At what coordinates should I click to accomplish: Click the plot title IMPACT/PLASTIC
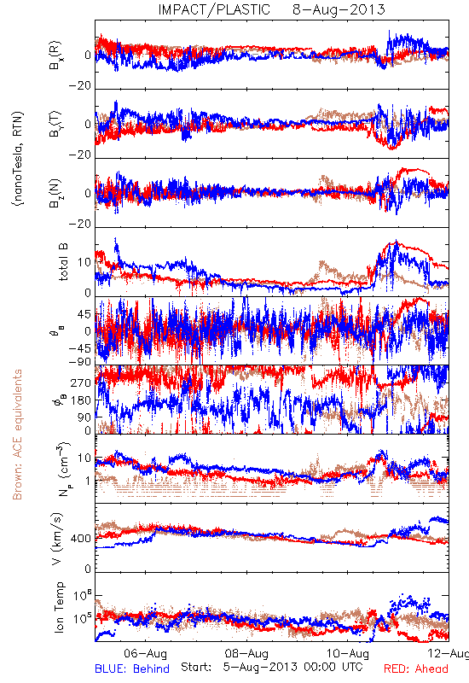214,9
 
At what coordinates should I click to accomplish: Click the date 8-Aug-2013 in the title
339,9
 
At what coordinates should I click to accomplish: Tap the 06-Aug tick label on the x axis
145,653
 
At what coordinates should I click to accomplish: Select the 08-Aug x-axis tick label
246,653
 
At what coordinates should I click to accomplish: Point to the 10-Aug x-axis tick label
348,653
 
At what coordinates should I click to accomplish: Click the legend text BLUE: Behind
132,668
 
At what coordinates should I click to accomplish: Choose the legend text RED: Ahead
416,668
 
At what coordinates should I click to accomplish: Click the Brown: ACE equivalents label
17,435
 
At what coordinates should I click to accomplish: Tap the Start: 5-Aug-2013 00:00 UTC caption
271,667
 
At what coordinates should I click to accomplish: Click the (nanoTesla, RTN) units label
18,158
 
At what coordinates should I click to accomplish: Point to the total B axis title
63,262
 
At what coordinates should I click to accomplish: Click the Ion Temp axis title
59,607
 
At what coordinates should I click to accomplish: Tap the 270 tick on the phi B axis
82,382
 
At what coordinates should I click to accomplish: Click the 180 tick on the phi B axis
82,400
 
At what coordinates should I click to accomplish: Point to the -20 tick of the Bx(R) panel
79,86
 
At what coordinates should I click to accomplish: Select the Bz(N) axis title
55,193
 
